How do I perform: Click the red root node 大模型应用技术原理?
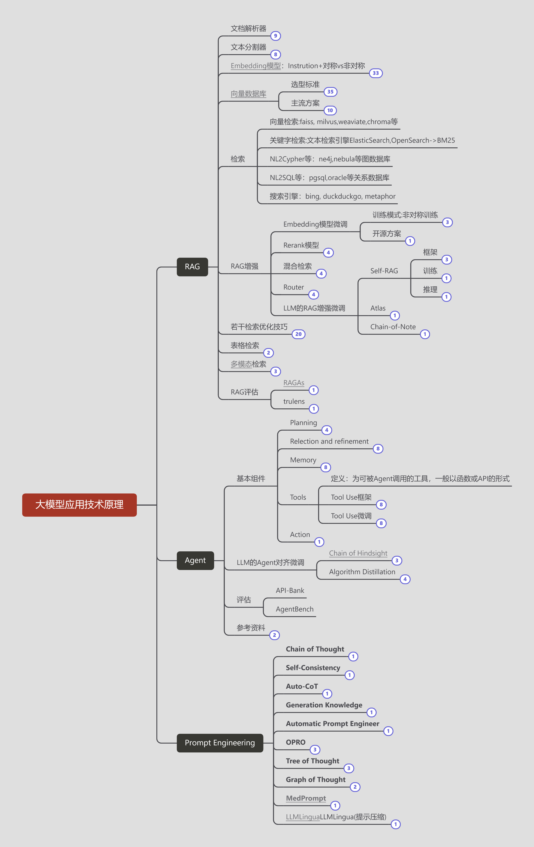point(79,505)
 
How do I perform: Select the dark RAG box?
point(192,267)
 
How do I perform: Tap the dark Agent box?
point(195,560)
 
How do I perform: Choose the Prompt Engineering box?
point(220,742)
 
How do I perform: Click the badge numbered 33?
point(376,73)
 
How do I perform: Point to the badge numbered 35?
point(330,92)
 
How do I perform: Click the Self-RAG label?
point(384,271)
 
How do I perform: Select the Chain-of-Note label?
point(393,327)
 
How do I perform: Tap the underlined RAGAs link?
point(294,383)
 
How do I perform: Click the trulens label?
point(294,401)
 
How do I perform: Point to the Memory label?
point(303,460)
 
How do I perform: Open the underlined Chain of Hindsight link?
point(358,553)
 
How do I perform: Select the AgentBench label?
point(295,609)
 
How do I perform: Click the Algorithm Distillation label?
point(362,572)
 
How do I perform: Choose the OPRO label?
point(295,742)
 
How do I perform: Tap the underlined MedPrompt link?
point(306,798)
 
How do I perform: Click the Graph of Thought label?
point(315,780)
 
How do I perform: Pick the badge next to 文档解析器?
point(275,36)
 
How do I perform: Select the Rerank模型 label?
point(301,245)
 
